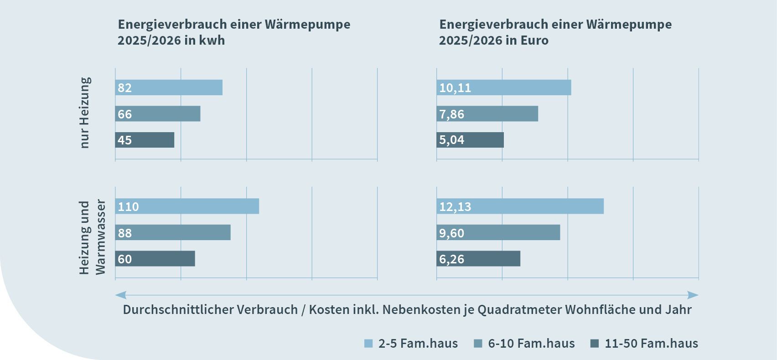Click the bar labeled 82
tap(169, 87)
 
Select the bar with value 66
tap(158, 114)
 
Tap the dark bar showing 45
tap(145, 140)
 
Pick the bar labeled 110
tap(187, 206)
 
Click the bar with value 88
tap(173, 232)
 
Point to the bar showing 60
tap(155, 259)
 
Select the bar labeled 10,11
tap(504, 87)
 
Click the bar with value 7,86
tap(487, 114)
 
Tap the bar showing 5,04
tap(470, 140)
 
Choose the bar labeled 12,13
tap(520, 206)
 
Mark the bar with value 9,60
tap(498, 232)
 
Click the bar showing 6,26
tap(478, 259)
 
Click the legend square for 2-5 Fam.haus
tap(368, 344)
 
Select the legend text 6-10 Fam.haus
tap(531, 344)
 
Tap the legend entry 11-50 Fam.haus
tap(651, 344)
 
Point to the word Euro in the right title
tap(534, 41)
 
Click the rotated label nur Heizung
tap(85, 113)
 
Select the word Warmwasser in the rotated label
tap(100, 237)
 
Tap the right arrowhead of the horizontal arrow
tap(693, 295)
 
